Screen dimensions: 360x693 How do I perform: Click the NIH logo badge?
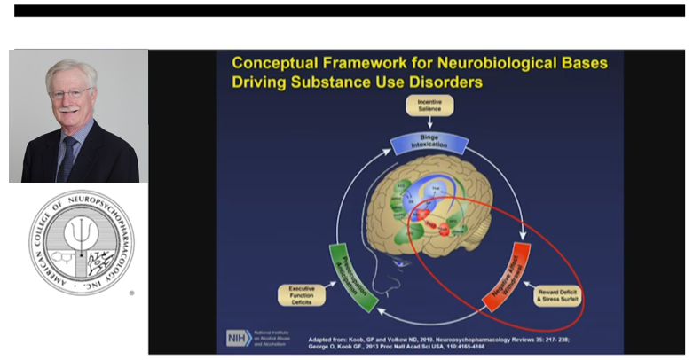click(x=236, y=338)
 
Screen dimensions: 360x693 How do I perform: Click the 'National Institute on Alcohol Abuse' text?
click(x=274, y=337)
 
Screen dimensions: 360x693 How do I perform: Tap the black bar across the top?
click(x=346, y=11)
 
